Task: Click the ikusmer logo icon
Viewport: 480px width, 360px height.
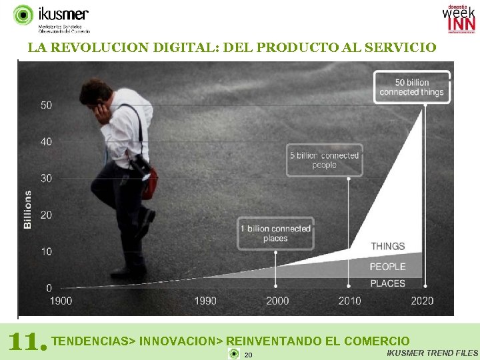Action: (23, 15)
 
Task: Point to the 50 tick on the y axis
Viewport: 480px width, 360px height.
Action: (46, 105)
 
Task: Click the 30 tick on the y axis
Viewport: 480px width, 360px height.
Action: (46, 178)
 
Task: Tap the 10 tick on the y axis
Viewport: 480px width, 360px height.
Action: (46, 251)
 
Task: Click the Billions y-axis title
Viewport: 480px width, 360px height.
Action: (28, 209)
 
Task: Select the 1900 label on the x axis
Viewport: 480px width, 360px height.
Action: (61, 301)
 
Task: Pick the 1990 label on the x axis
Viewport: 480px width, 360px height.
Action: (205, 301)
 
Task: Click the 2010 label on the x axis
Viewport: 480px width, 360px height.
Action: (349, 301)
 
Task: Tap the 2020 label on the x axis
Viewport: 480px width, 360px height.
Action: (422, 301)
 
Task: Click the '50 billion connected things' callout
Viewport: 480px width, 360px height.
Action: (411, 87)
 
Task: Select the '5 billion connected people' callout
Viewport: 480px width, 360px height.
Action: (324, 160)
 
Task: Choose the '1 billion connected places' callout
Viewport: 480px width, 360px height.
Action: (275, 233)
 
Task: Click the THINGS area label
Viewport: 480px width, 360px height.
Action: (387, 246)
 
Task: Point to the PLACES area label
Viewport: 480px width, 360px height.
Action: (387, 283)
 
